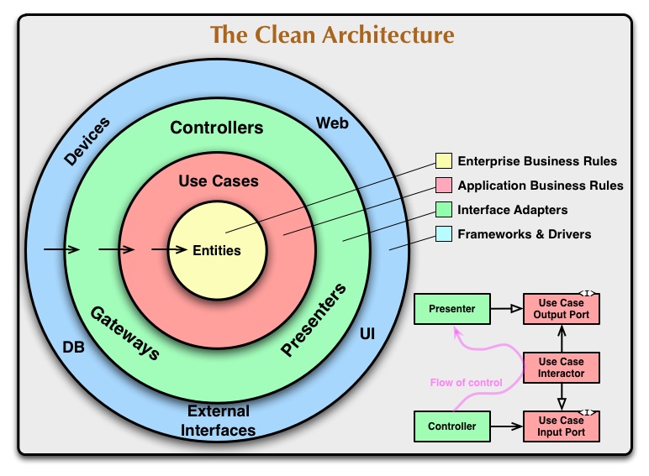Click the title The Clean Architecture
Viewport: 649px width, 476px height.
coord(332,35)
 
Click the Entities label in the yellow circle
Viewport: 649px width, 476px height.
coord(217,250)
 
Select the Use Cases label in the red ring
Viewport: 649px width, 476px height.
coord(219,180)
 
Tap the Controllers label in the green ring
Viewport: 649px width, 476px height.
coord(217,128)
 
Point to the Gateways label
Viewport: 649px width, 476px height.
coord(124,332)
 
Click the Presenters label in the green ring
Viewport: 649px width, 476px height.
coord(314,321)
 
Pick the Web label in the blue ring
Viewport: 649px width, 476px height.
coord(332,123)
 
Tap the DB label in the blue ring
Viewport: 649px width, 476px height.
coord(74,345)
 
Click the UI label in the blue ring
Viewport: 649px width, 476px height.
coord(367,334)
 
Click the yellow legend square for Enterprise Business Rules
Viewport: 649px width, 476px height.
coord(443,161)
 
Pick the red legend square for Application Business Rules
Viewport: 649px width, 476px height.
coord(443,186)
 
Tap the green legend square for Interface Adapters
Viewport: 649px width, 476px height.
coord(443,210)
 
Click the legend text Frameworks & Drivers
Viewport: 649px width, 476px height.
coord(524,234)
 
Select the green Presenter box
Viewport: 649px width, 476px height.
coord(451,309)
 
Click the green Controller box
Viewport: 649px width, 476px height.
coord(451,426)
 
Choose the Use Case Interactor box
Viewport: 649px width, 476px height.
coord(562,367)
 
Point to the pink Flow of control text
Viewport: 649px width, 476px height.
coord(466,383)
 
